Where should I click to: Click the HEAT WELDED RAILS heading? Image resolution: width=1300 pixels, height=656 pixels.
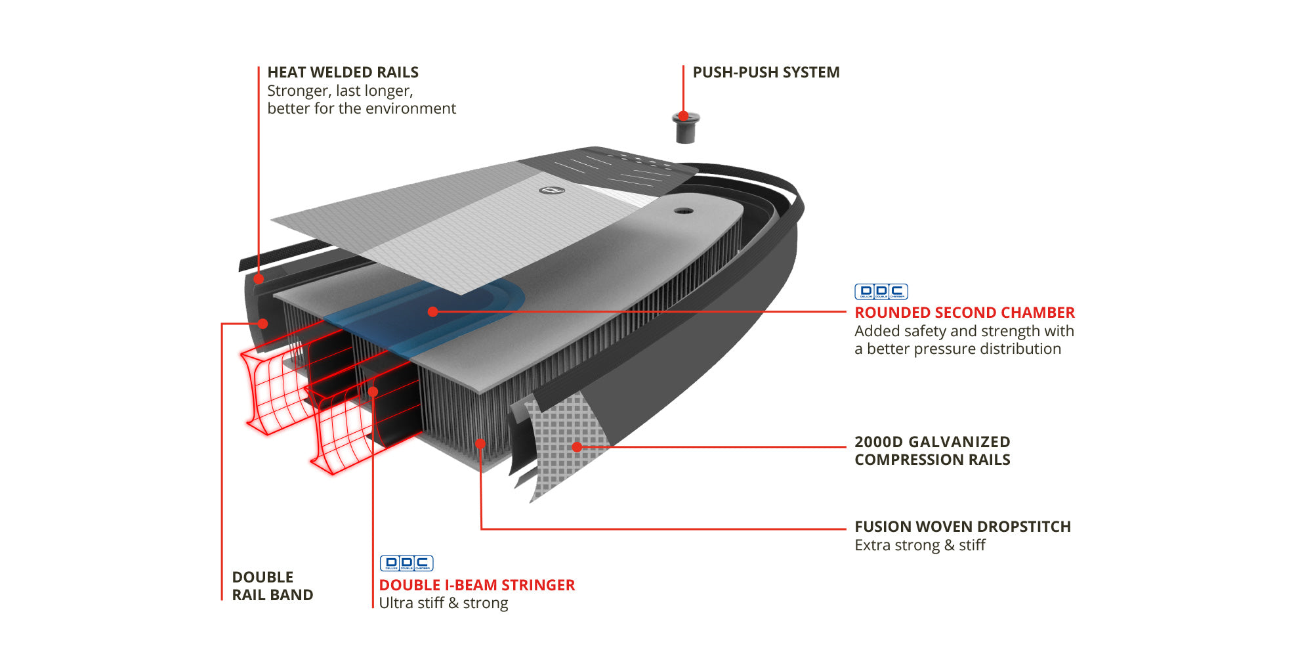[x=343, y=72]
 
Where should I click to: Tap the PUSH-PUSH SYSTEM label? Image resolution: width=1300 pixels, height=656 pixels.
[x=766, y=72]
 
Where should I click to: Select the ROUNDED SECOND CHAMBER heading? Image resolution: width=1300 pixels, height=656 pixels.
[x=964, y=313]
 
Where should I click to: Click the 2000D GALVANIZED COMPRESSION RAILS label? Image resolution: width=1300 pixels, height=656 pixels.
[x=932, y=450]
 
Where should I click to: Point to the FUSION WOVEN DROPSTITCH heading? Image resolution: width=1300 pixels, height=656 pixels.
[x=962, y=527]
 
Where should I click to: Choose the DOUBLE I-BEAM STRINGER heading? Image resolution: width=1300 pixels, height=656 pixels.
[x=476, y=585]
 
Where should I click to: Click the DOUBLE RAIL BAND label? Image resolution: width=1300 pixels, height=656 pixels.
[x=272, y=586]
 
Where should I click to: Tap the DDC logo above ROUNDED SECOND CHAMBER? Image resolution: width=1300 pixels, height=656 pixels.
[x=881, y=292]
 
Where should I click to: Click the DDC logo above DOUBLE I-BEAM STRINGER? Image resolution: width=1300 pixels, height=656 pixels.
[x=406, y=563]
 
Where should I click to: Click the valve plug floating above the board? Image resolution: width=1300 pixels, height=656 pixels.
[x=686, y=128]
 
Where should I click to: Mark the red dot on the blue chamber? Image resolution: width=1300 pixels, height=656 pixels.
[x=432, y=312]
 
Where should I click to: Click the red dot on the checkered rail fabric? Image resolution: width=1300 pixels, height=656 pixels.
[x=577, y=447]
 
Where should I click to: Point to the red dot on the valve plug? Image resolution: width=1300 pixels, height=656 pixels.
[x=683, y=116]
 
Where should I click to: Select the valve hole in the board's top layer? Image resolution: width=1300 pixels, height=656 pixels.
[x=683, y=211]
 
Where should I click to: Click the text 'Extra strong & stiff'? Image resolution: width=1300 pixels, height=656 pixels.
[x=919, y=545]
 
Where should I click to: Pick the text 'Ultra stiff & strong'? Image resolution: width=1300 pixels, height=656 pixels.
[x=443, y=603]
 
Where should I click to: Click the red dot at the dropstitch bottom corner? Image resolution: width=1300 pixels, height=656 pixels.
[x=480, y=444]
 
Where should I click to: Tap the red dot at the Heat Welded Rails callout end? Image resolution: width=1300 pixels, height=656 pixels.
[x=259, y=278]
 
